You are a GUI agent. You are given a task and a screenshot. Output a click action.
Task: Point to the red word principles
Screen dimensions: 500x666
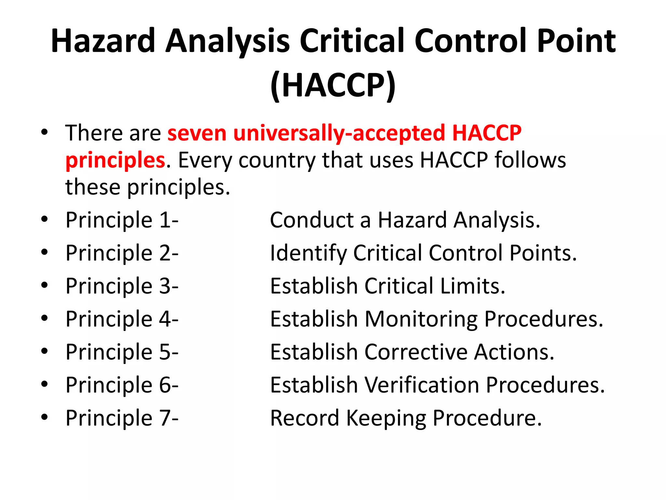point(115,160)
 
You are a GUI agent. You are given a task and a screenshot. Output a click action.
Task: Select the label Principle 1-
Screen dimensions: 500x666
point(122,220)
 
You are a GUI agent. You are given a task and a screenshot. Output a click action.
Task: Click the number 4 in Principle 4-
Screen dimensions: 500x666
point(165,319)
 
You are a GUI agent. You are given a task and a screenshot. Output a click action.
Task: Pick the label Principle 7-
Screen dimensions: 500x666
point(122,418)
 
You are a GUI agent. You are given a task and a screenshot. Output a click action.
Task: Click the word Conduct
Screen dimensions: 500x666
point(312,220)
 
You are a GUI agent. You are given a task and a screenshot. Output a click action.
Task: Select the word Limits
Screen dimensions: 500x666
point(473,286)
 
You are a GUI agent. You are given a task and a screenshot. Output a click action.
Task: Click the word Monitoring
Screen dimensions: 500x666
point(421,319)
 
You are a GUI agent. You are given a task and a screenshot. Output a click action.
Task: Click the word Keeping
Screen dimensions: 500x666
point(386,419)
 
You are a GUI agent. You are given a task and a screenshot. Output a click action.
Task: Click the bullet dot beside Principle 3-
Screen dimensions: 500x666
point(45,285)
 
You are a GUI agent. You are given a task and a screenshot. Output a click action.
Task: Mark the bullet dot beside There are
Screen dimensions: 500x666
point(45,132)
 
